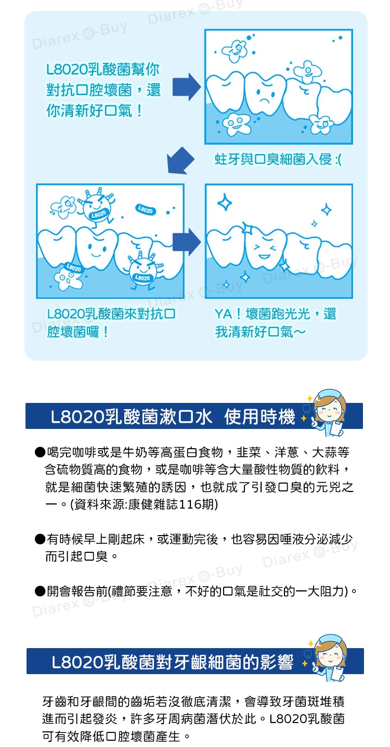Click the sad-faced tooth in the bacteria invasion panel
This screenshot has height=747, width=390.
pyautogui.click(x=265, y=94)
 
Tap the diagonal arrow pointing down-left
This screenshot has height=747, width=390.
pyautogui.click(x=180, y=161)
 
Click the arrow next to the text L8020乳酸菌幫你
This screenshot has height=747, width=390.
pyautogui.click(x=187, y=87)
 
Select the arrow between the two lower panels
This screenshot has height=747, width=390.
pyautogui.click(x=187, y=242)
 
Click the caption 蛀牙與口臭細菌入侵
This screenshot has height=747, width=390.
pyautogui.click(x=273, y=160)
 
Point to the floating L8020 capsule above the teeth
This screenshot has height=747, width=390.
pyautogui.click(x=146, y=210)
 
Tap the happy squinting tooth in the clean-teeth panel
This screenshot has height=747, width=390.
pyautogui.click(x=265, y=248)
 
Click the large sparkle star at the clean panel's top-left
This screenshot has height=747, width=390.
pyautogui.click(x=225, y=202)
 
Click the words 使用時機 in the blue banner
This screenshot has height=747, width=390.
pyautogui.click(x=260, y=417)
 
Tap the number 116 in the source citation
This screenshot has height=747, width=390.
pyautogui.click(x=189, y=504)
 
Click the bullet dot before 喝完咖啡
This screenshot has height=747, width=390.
pyautogui.click(x=40, y=452)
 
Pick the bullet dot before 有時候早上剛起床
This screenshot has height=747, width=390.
pyautogui.click(x=40, y=539)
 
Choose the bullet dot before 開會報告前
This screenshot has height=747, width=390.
pyautogui.click(x=40, y=591)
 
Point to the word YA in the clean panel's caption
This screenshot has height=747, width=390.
pyautogui.click(x=223, y=314)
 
